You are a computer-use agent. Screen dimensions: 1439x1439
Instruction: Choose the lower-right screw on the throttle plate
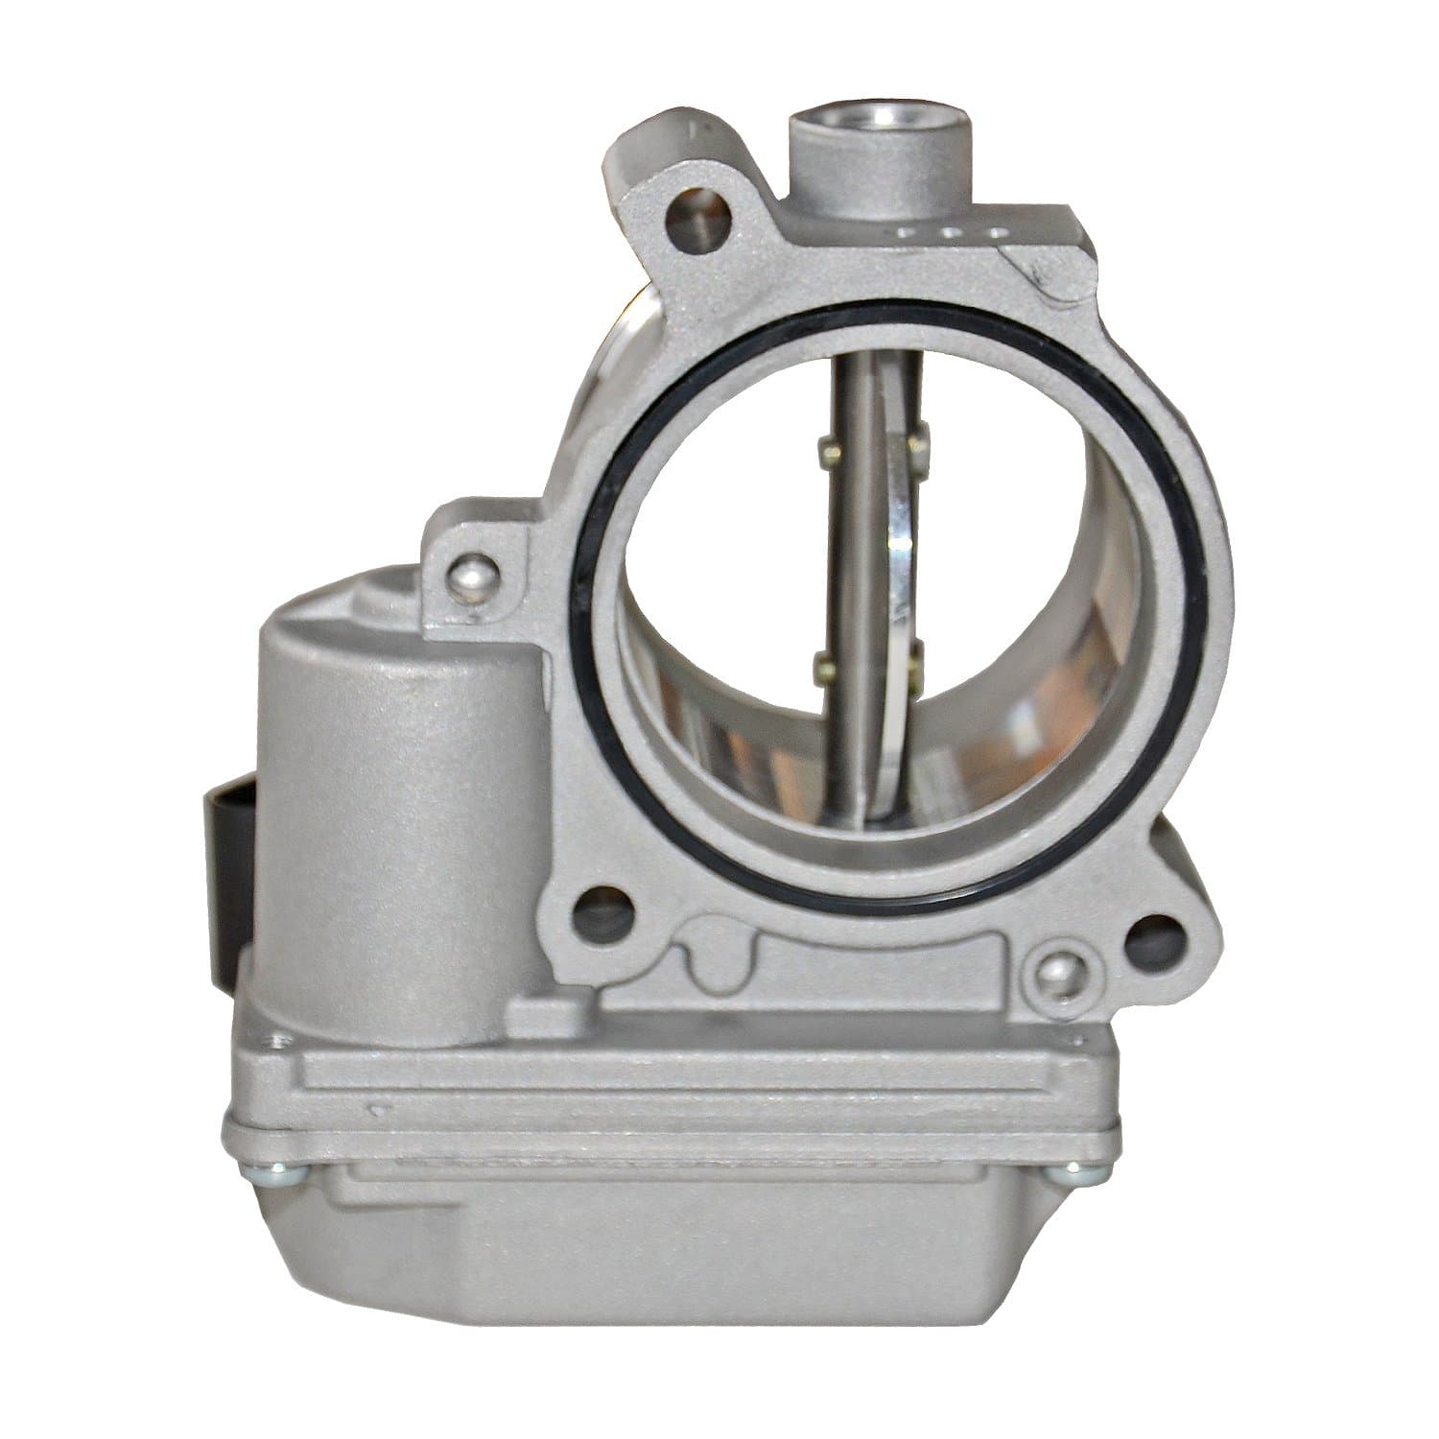click(x=918, y=656)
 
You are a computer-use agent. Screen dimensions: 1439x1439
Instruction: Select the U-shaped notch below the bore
click(x=715, y=964)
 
